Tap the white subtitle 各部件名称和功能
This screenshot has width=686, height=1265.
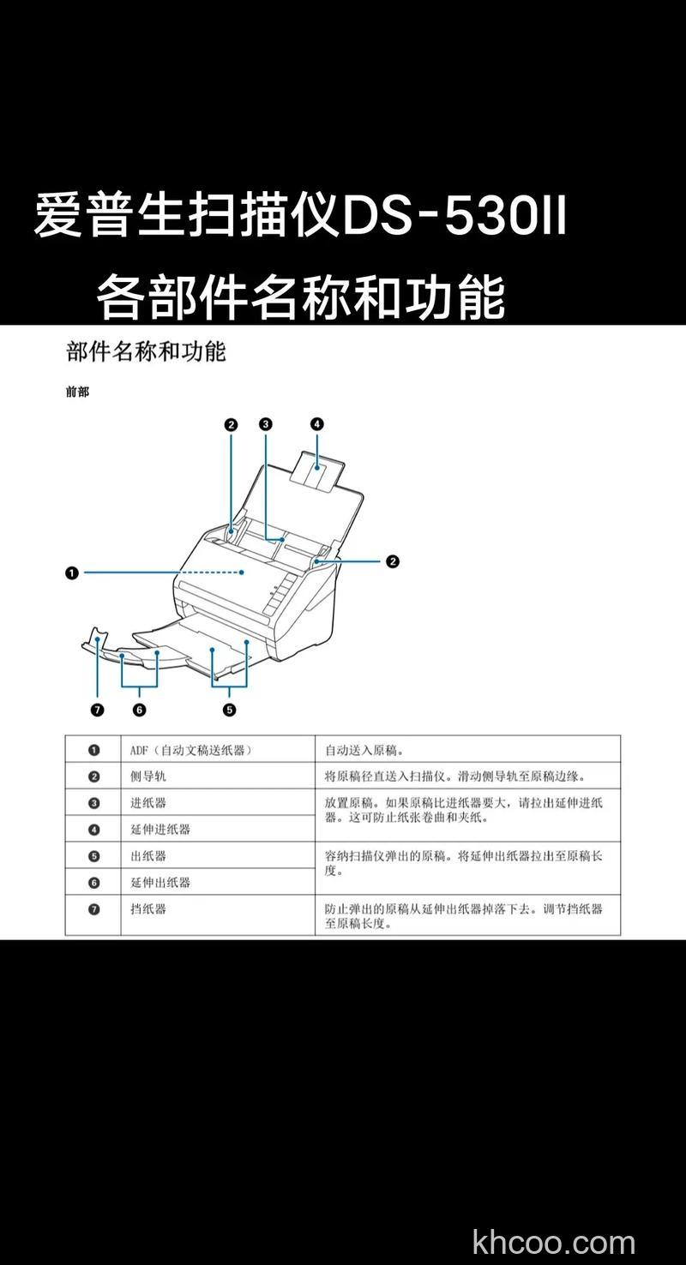300,296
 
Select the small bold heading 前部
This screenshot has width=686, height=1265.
77,393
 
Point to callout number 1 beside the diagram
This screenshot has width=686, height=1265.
72,573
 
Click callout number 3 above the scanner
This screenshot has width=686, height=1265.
265,423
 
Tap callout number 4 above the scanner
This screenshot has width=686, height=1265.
316,423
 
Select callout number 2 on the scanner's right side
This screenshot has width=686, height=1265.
392,562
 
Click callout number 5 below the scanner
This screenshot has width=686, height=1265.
229,709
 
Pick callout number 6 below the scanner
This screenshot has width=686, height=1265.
139,709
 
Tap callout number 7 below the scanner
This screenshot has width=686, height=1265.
97,709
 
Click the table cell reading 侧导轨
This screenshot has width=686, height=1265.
147,776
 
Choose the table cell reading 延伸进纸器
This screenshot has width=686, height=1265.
160,829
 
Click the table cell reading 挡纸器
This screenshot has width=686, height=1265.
147,908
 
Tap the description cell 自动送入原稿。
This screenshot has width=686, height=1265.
364,750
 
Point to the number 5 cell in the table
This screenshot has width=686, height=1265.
93,855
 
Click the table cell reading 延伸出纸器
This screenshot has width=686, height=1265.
160,882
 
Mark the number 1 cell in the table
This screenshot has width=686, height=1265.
93,750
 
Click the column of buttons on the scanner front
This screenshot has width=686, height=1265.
276,595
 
